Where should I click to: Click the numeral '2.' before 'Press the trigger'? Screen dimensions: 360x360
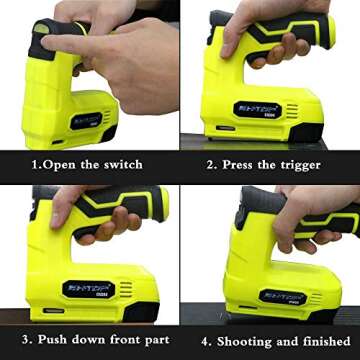pos(211,164)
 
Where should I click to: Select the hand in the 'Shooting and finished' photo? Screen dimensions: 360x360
pos(300,215)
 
